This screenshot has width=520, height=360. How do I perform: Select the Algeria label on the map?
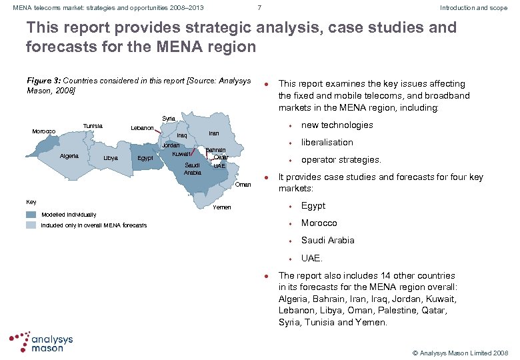[x=70, y=156]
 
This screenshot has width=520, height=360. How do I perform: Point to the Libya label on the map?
[x=111, y=158]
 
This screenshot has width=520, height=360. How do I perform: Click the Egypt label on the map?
[x=145, y=158]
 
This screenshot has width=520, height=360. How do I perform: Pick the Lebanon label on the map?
[x=142, y=127]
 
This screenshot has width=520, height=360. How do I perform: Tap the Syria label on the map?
[x=169, y=119]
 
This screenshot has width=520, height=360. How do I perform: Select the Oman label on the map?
[x=243, y=185]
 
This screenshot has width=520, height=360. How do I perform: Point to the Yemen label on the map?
[x=222, y=207]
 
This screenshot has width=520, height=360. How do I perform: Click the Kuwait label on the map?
[x=181, y=154]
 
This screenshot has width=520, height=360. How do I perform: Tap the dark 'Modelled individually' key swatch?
[x=31, y=215]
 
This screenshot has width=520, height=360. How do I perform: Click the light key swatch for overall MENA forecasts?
[x=31, y=225]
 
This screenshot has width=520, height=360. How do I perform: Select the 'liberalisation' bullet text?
[x=327, y=142]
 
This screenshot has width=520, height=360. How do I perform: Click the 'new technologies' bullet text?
[x=337, y=125]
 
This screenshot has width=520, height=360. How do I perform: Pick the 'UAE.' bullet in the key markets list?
[x=311, y=257]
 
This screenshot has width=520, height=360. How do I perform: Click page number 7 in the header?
[x=259, y=8]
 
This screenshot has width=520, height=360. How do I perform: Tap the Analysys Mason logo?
[x=41, y=341]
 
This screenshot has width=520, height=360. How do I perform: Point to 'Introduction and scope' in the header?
[x=473, y=8]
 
